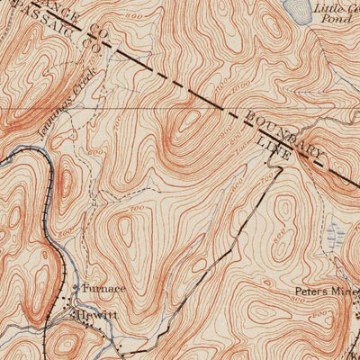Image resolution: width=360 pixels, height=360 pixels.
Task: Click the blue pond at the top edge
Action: point(294,9)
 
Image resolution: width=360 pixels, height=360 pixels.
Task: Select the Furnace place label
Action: point(104,288)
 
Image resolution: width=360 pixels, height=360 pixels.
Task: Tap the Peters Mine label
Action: point(325,292)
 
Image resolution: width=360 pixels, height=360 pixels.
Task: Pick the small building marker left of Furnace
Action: point(76,288)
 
